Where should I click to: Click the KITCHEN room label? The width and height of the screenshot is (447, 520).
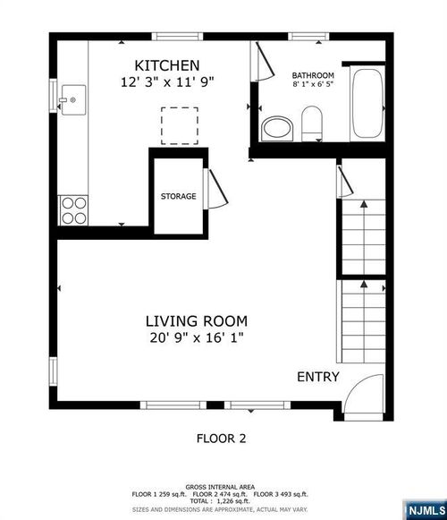pyautogui.click(x=166, y=65)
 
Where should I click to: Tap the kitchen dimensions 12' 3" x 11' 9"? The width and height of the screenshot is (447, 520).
pyautogui.click(x=166, y=81)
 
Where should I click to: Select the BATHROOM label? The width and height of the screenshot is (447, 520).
pyautogui.click(x=313, y=75)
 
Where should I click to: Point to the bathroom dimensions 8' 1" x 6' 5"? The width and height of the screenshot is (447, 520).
pyautogui.click(x=313, y=86)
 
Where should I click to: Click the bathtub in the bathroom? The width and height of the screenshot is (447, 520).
pyautogui.click(x=365, y=106)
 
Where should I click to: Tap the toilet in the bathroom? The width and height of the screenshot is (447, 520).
pyautogui.click(x=312, y=123)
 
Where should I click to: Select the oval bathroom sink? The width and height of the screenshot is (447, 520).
pyautogui.click(x=275, y=128)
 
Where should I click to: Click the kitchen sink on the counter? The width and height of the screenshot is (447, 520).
pyautogui.click(x=70, y=94)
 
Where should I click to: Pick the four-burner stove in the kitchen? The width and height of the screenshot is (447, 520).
pyautogui.click(x=72, y=210)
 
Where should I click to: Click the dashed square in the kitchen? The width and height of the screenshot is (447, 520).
pyautogui.click(x=180, y=125)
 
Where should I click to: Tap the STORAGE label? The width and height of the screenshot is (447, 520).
pyautogui.click(x=178, y=196)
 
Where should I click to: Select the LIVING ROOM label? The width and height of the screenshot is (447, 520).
pyautogui.click(x=197, y=320)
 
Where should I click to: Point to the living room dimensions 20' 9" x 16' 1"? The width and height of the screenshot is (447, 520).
pyautogui.click(x=197, y=337)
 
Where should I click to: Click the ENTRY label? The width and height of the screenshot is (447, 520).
pyautogui.click(x=317, y=377)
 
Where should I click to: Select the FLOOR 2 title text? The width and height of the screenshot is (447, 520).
pyautogui.click(x=221, y=439)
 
